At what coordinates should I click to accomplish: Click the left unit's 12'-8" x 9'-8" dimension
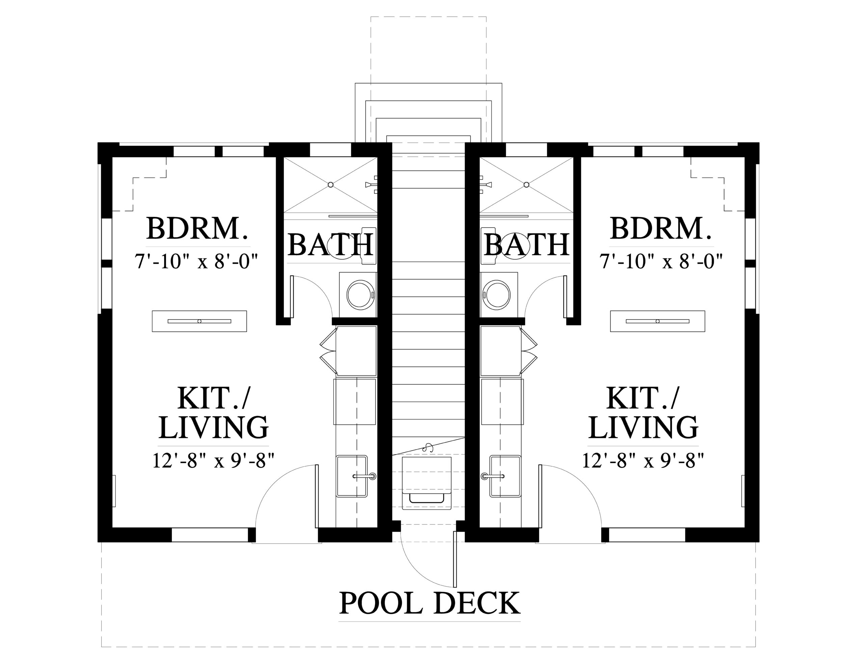[214, 461]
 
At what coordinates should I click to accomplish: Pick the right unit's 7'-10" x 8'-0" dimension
[661, 262]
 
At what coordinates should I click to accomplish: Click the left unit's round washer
[360, 295]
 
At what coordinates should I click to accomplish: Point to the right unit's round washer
[496, 295]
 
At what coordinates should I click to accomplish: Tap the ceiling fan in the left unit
[199, 321]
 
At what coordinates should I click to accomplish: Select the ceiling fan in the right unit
[657, 321]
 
